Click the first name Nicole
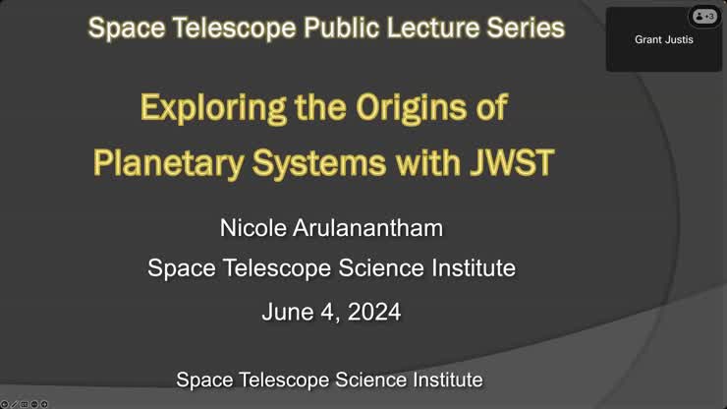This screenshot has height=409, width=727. click(254, 228)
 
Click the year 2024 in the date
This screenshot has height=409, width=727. click(372, 313)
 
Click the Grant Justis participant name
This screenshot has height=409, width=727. click(664, 40)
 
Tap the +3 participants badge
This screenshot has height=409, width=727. click(704, 16)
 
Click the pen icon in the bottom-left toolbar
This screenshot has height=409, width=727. click(14, 403)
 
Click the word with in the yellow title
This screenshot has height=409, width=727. click(419, 162)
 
